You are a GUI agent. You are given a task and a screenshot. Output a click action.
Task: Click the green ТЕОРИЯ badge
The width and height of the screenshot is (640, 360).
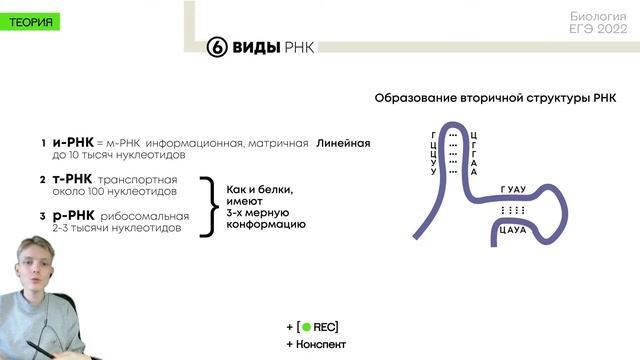(31, 21)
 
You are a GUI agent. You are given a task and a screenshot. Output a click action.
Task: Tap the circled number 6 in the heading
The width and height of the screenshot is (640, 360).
(217, 47)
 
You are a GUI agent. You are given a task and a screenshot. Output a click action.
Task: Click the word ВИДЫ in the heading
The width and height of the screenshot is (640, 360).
(257, 47)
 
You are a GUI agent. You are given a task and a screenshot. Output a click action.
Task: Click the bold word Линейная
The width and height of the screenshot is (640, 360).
(344, 144)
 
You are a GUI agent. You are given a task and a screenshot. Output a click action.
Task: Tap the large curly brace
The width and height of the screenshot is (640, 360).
(208, 206)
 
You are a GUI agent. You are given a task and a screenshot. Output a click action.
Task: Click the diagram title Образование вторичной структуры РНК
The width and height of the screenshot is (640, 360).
(496, 98)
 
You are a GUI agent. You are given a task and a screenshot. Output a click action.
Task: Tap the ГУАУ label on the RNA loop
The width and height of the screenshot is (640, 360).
(513, 189)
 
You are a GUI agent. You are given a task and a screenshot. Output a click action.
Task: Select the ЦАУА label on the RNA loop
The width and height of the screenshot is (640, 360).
(513, 230)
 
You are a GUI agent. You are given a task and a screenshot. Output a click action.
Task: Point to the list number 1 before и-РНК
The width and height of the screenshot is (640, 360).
(43, 144)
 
